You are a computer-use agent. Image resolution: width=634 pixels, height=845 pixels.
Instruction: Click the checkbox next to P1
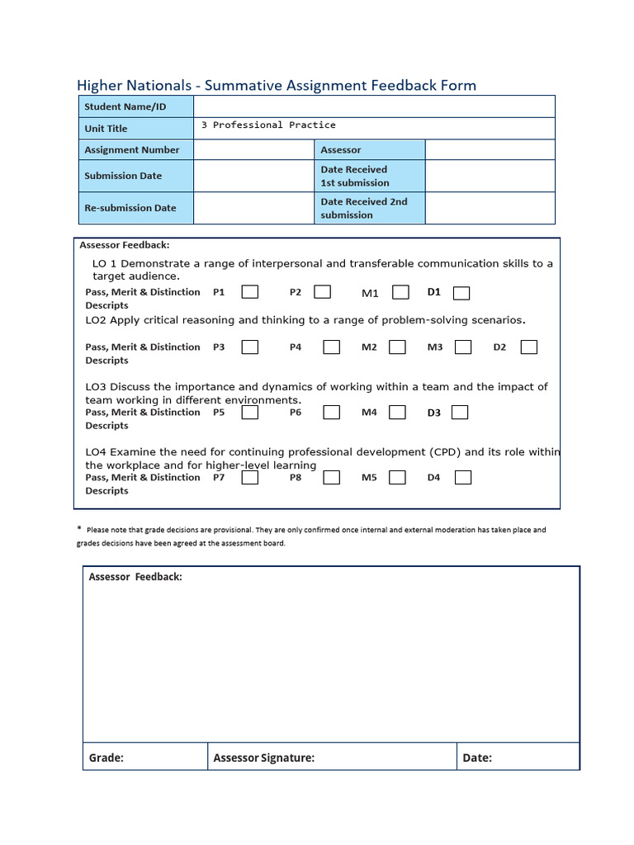(249, 292)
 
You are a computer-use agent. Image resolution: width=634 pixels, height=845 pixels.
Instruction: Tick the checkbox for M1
(400, 292)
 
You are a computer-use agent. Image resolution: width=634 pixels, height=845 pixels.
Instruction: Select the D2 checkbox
(529, 347)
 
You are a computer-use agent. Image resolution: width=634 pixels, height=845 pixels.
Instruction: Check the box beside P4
(331, 347)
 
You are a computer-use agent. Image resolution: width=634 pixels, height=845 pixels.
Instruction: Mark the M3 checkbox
(463, 347)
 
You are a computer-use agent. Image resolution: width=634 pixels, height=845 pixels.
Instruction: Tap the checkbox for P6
(331, 412)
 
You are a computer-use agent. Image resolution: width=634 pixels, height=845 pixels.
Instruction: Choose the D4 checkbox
(463, 477)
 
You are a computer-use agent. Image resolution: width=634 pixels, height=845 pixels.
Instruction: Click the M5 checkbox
(397, 477)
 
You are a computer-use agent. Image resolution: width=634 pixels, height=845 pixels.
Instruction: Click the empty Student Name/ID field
(374, 106)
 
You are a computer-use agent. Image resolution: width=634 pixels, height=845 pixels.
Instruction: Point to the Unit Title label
(106, 129)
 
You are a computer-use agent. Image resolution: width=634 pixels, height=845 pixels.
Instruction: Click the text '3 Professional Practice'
(268, 125)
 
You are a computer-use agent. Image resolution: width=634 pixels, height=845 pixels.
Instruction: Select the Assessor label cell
(341, 150)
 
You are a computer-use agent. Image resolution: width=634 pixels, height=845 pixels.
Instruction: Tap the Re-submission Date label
(130, 208)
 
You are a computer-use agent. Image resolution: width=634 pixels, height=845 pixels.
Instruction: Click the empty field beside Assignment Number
(254, 150)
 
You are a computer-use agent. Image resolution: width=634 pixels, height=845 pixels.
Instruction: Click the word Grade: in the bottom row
(106, 758)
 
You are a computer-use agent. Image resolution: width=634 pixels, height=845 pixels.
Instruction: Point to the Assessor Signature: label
(263, 758)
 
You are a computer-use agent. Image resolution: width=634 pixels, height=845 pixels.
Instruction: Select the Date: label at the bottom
(477, 758)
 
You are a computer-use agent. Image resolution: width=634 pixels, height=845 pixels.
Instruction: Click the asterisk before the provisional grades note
(79, 529)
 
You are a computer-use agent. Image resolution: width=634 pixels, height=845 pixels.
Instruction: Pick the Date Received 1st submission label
(354, 176)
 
